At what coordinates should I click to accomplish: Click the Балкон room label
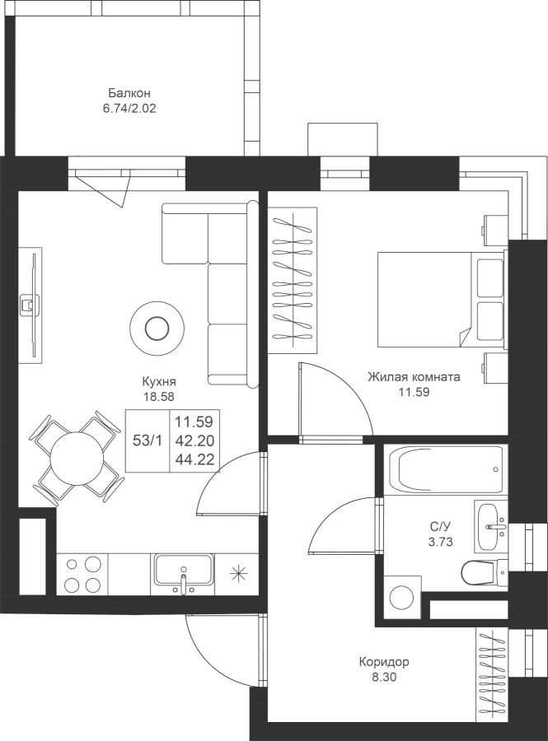click(x=129, y=92)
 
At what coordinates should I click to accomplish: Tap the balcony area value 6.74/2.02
click(x=129, y=108)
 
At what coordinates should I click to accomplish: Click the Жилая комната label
click(x=414, y=377)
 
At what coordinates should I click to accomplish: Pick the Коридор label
click(x=383, y=662)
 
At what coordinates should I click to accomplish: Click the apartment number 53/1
click(x=148, y=440)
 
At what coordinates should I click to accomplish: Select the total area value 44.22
click(x=194, y=459)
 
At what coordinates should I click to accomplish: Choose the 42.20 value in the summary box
click(x=194, y=440)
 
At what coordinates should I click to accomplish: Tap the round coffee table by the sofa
click(x=157, y=328)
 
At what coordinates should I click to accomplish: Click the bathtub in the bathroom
click(x=445, y=470)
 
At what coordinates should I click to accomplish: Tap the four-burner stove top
click(x=82, y=574)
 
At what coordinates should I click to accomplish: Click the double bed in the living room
click(x=441, y=299)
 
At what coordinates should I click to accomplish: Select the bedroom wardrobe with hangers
click(x=293, y=280)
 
